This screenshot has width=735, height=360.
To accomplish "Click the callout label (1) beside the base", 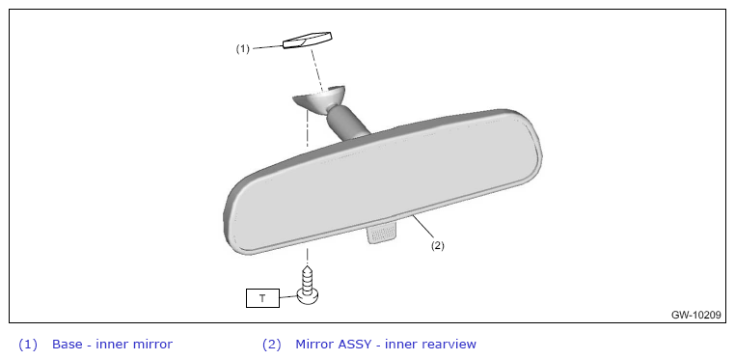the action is pyautogui.click(x=242, y=49).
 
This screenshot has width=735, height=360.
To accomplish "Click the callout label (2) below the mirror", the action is pyautogui.click(x=437, y=245).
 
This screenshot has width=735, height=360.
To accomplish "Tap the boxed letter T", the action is pyautogui.click(x=262, y=298).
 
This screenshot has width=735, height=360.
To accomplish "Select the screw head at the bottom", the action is pyautogui.click(x=309, y=297).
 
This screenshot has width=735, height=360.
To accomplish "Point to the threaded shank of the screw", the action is pyautogui.click(x=308, y=278).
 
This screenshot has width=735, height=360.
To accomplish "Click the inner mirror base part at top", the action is pyautogui.click(x=307, y=41).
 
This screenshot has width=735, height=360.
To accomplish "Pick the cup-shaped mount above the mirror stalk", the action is pyautogui.click(x=318, y=99).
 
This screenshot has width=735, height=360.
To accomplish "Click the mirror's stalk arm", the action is pyautogui.click(x=347, y=125).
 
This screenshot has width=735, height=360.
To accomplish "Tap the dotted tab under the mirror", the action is pyautogui.click(x=383, y=234).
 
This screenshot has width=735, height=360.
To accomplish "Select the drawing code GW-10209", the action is pyautogui.click(x=695, y=315).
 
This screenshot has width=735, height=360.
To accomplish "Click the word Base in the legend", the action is pyautogui.click(x=67, y=344).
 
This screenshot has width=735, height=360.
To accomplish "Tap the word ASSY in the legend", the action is pyautogui.click(x=356, y=344).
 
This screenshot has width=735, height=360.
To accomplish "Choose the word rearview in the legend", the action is pyautogui.click(x=449, y=345).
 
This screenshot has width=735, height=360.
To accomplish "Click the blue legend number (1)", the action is pyautogui.click(x=28, y=345).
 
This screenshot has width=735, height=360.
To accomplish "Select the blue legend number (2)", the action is pyautogui.click(x=271, y=345).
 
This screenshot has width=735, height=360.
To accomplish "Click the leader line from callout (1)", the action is pyautogui.click(x=267, y=47).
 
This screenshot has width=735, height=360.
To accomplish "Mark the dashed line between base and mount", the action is pyautogui.click(x=316, y=69).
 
